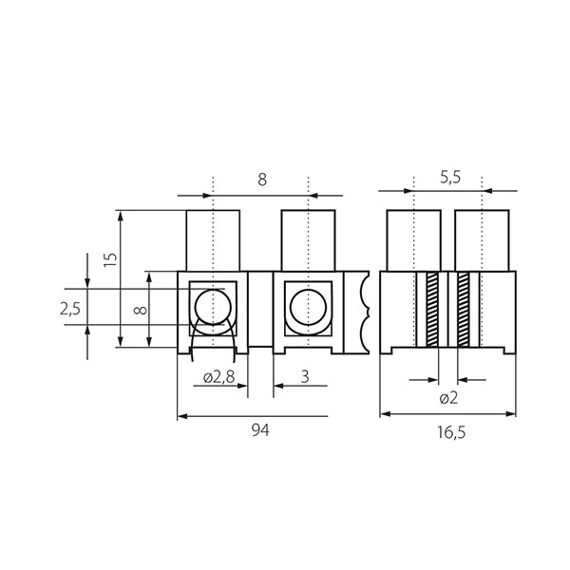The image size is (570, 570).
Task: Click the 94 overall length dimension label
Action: click(260, 430)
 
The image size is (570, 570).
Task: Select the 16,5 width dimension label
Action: click(451, 432)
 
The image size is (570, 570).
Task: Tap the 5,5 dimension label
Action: click(450, 178)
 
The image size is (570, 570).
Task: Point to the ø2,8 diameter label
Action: click(219, 377)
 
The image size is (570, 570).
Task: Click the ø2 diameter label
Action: click(448, 398)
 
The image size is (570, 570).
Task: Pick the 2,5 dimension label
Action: click(70, 309)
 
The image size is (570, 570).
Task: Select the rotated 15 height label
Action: click(110, 260)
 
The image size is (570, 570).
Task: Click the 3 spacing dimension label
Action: click(305, 376)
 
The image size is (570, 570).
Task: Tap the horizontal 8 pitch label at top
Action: click(262, 180)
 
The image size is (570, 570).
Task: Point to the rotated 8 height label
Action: click(141, 310)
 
